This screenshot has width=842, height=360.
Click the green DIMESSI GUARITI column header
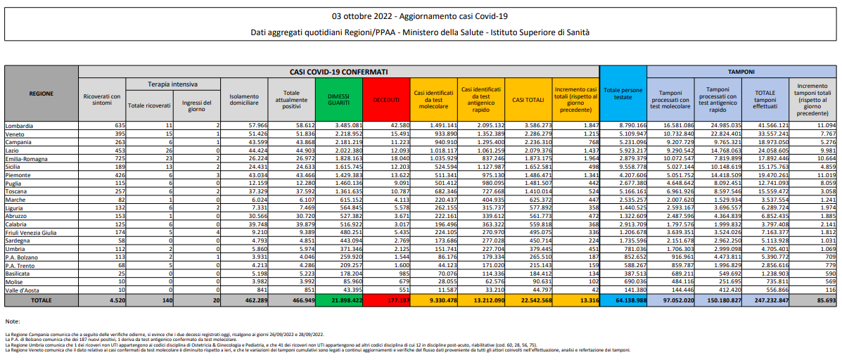pos(338,98)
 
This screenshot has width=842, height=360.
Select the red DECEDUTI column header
pos(385,98)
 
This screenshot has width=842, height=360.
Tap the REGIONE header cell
pos(42,94)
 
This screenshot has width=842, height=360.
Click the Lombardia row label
pos(20,125)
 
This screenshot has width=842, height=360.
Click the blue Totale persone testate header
pos(623,94)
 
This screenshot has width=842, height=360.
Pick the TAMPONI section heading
pos(741,72)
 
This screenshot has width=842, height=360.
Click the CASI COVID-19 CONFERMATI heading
pos(338,72)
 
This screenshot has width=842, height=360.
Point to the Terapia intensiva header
pos(172,84)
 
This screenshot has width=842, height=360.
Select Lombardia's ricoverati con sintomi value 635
pos(115,125)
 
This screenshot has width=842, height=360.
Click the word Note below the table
pos(12,321)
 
